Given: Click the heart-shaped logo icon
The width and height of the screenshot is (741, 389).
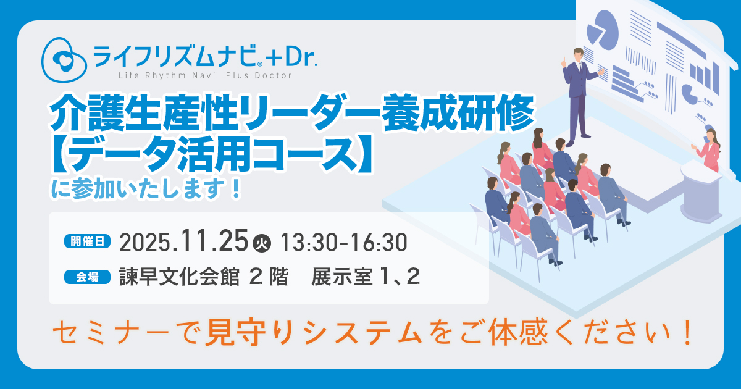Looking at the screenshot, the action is (x=64, y=60).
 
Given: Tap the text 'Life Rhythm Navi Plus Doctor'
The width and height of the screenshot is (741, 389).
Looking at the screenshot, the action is (x=206, y=76).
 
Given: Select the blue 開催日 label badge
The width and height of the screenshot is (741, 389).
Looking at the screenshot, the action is (x=87, y=241).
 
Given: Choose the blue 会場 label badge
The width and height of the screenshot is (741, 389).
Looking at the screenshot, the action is (x=87, y=277).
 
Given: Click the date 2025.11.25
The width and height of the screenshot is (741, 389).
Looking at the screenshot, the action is (x=183, y=241).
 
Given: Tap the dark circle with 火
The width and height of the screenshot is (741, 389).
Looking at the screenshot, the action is (x=262, y=243).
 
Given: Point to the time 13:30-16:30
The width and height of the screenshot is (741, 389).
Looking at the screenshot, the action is (x=344, y=243).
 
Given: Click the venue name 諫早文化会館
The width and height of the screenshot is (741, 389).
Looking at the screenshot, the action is (x=179, y=277).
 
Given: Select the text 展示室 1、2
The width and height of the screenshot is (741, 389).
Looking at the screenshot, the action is (x=366, y=277).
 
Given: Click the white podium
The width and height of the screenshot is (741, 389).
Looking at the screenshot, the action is (x=701, y=191).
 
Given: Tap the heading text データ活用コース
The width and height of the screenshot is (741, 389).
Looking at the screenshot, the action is (x=212, y=154).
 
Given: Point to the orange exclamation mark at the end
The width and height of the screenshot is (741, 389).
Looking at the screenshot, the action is (x=687, y=332).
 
